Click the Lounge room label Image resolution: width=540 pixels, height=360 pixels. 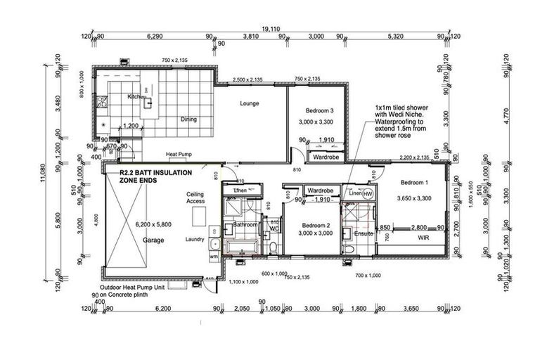pos(249,103)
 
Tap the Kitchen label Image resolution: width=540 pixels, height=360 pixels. pos(136,96)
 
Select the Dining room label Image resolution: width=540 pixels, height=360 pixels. pos(187,120)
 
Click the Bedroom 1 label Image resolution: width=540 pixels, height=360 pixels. pos(413,182)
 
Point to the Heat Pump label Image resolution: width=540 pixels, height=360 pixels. pos(179,154)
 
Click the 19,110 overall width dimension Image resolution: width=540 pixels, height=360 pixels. pos(270,29)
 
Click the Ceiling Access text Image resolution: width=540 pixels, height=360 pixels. pos(195,198)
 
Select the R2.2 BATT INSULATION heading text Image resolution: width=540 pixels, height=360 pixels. pos(153,172)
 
